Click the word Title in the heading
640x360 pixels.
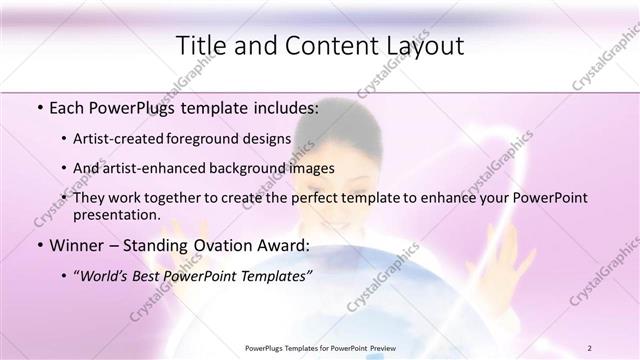click(199, 45)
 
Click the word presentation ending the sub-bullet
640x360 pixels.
click(123, 215)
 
